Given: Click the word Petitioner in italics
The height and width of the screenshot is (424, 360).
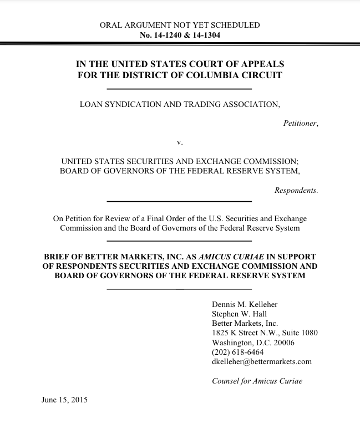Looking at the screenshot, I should pos(300,124).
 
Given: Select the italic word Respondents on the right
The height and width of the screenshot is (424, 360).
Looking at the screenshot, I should pos(296,190).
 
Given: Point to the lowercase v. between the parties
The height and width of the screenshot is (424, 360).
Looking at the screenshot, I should pos(179,142).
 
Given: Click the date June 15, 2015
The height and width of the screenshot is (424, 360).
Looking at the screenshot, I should pos(64,400).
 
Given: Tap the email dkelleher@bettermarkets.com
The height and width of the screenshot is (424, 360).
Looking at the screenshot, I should pos(262,361).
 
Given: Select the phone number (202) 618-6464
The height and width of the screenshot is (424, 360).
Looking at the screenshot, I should pos(238,352).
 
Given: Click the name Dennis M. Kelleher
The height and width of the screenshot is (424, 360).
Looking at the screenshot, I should pos(245,304).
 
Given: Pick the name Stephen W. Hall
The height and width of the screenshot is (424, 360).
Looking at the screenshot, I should pos(239,314).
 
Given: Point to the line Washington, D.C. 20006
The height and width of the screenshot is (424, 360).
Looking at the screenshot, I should pos(253,343).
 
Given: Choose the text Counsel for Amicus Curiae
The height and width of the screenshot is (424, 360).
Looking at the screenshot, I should pos(257,381).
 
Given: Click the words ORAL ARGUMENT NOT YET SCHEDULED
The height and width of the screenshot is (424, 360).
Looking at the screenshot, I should pos(180,25).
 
